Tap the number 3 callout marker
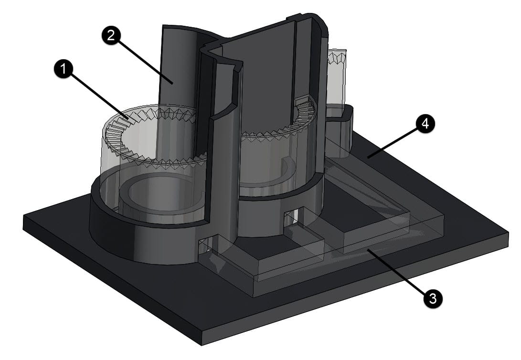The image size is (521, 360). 432,299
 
